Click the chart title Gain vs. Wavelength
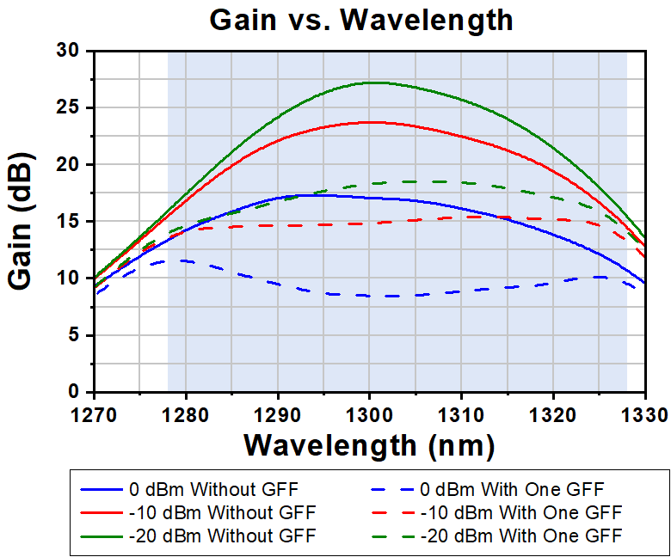point(361,20)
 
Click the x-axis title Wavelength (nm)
point(369,445)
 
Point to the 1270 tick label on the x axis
point(94,413)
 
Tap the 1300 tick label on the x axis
point(369,413)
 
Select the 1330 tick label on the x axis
point(644,413)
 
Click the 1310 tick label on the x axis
point(461,413)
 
